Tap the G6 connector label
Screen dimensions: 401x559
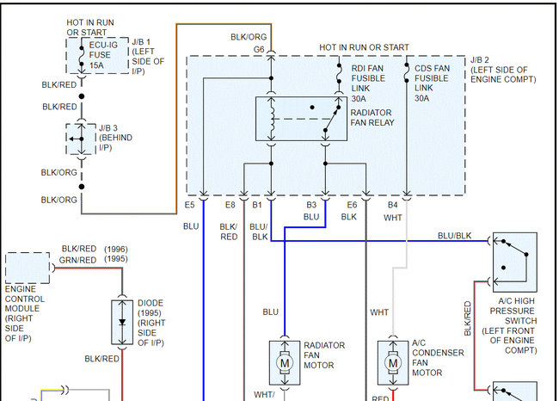click(259, 49)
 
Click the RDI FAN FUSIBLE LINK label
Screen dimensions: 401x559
click(370, 83)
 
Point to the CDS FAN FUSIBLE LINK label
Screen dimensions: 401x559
click(433, 83)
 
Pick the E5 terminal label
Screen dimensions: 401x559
click(190, 206)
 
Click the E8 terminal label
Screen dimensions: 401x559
click(230, 206)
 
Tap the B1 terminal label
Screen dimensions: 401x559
click(256, 206)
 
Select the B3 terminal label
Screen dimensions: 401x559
click(311, 206)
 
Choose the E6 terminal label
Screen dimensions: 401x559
click(352, 206)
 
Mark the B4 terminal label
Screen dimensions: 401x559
click(392, 206)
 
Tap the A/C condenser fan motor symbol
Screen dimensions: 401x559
click(393, 362)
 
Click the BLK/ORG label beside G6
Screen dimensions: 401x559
click(249, 37)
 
